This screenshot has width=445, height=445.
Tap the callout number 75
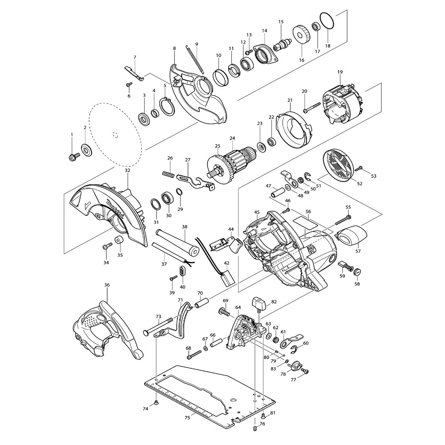187,417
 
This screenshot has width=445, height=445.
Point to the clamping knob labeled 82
259,305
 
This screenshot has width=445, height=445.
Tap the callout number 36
107,285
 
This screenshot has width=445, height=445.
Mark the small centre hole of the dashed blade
114,132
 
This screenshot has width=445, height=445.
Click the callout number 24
232,138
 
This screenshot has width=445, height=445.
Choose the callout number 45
257,212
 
